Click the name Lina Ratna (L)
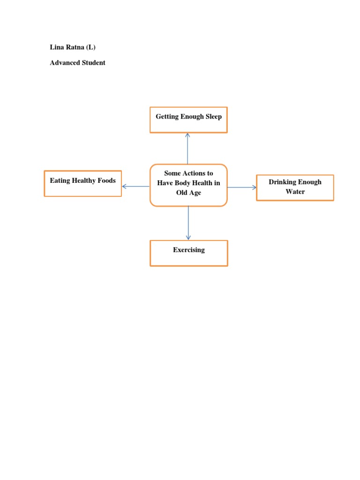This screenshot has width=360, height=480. click(73, 47)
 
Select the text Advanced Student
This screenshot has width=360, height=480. click(77, 63)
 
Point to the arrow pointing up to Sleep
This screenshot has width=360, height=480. click(187, 149)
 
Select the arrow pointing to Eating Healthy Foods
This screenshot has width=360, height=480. click(135, 186)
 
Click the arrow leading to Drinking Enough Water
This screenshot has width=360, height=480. click(242, 187)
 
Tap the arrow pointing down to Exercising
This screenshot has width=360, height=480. click(188, 223)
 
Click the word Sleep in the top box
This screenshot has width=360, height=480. click(214, 117)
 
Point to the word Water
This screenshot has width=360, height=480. click(295, 192)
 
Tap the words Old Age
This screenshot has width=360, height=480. click(188, 193)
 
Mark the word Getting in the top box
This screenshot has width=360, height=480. click(167, 117)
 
